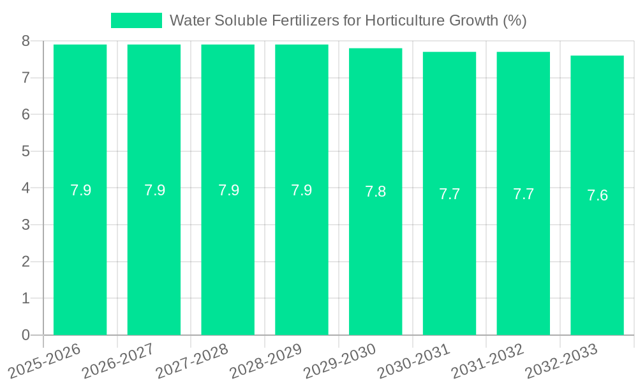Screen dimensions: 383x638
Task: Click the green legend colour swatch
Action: [x=137, y=20]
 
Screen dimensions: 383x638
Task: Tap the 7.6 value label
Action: [x=597, y=195]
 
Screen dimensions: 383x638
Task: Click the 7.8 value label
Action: [x=375, y=191]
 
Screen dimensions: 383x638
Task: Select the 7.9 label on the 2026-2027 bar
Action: [x=154, y=190]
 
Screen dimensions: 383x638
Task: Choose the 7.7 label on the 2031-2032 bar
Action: [x=523, y=194]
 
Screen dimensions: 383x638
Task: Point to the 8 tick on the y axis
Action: [x=26, y=41]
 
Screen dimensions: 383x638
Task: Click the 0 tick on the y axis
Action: [x=26, y=335]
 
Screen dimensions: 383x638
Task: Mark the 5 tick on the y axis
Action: [x=26, y=151]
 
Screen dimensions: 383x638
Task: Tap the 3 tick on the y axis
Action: [x=26, y=225]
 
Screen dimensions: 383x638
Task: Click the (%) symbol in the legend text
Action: [x=514, y=20]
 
